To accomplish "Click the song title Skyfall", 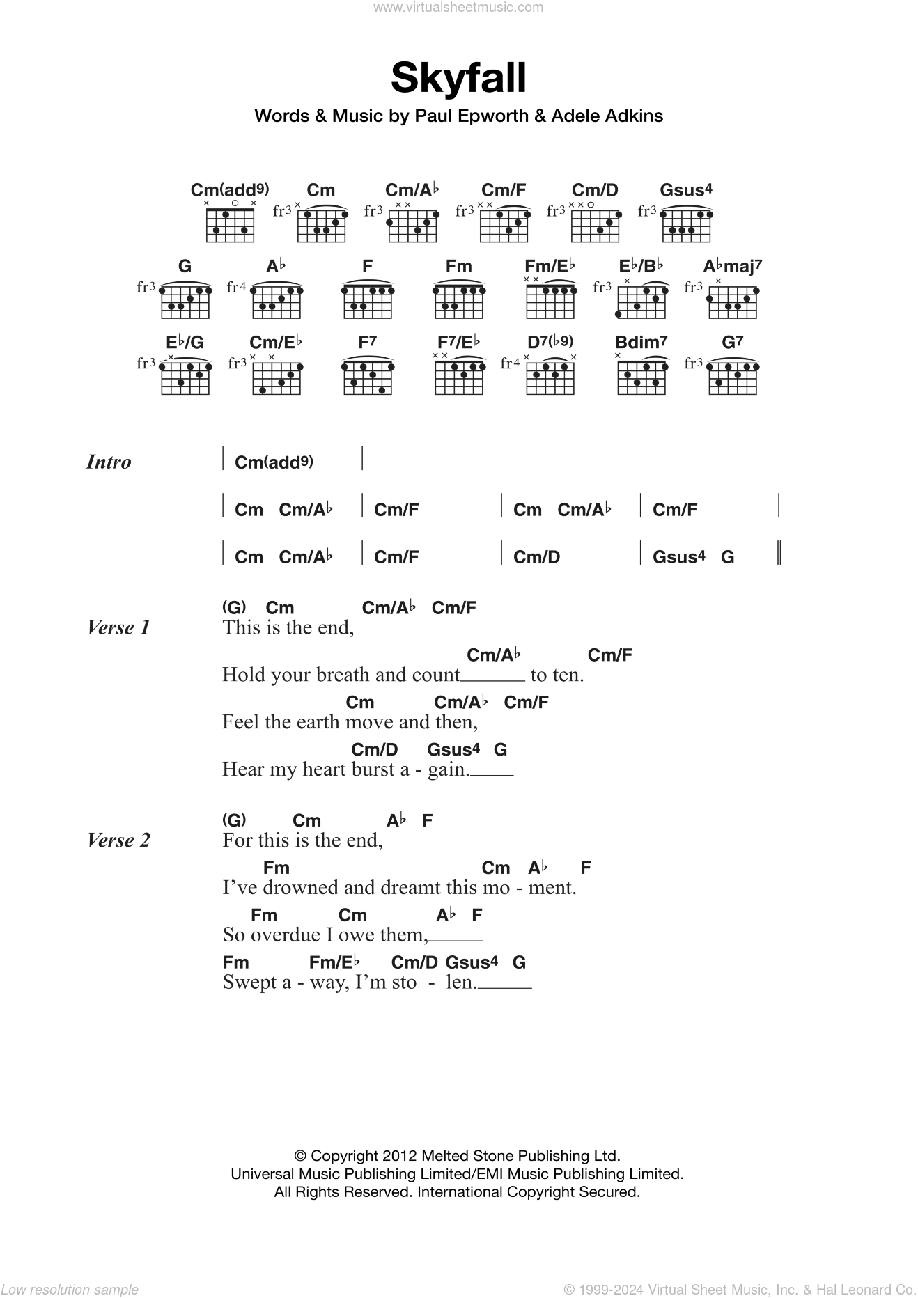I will pyautogui.click(x=458, y=78).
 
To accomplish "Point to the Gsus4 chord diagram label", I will pyautogui.click(x=686, y=190).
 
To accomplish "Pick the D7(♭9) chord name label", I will pyautogui.click(x=550, y=342).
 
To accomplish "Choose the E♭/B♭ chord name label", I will pyautogui.click(x=641, y=266).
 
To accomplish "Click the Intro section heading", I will pyautogui.click(x=108, y=462).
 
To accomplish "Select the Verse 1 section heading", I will pyautogui.click(x=118, y=628).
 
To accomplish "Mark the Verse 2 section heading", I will pyautogui.click(x=118, y=840).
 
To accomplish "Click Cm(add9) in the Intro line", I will pyautogui.click(x=274, y=462).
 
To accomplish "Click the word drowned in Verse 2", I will pyautogui.click(x=290, y=888).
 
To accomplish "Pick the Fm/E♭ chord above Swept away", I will pyautogui.click(x=334, y=962).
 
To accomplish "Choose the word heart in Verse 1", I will pyautogui.click(x=336, y=769).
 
